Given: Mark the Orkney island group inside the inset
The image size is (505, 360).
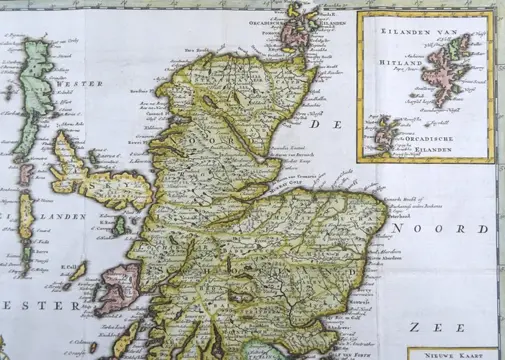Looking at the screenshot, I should click(x=384, y=132).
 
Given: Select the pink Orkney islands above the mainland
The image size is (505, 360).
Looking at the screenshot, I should click(x=303, y=26).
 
